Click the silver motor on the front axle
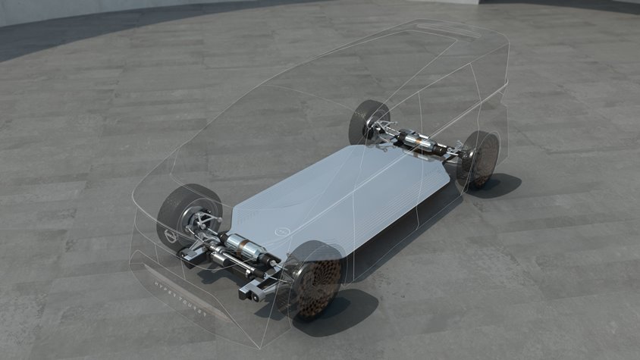click(x=241, y=249)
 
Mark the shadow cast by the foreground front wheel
click(x=341, y=311)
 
